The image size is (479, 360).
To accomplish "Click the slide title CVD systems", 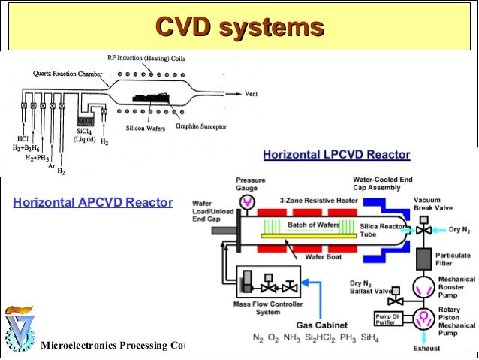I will tap(239, 28).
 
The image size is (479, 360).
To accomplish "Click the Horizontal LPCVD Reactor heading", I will tap(336, 155).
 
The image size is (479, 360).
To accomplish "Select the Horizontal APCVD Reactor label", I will tap(93, 203).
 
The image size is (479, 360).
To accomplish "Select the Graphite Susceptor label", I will tap(202, 127).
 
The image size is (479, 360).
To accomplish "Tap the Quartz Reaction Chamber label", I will tap(65, 74).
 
